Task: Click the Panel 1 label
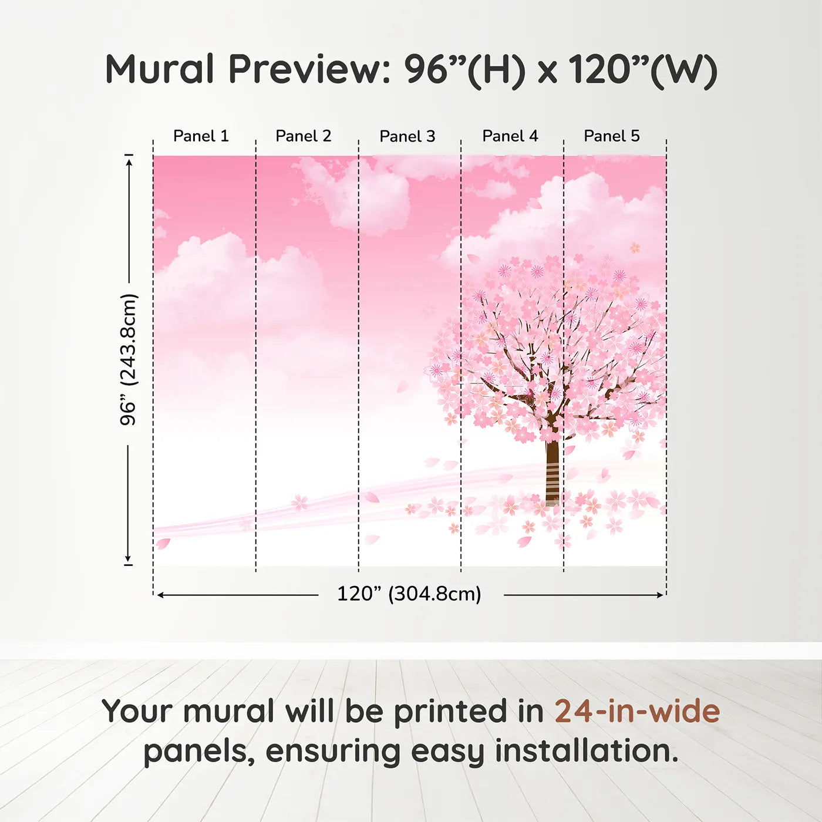coord(201,136)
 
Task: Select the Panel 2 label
coord(304,136)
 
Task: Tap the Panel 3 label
coord(407,137)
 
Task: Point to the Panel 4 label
coord(510,136)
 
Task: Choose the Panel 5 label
coord(612,136)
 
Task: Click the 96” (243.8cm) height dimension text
coord(129,359)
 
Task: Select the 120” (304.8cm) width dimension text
coord(409,594)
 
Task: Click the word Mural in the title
coord(160,69)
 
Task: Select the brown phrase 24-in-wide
coord(637,711)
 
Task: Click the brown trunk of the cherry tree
coord(552,470)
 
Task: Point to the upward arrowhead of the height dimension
coord(129,160)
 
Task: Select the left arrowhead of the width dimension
coord(160,595)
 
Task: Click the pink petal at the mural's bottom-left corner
coord(163,544)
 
